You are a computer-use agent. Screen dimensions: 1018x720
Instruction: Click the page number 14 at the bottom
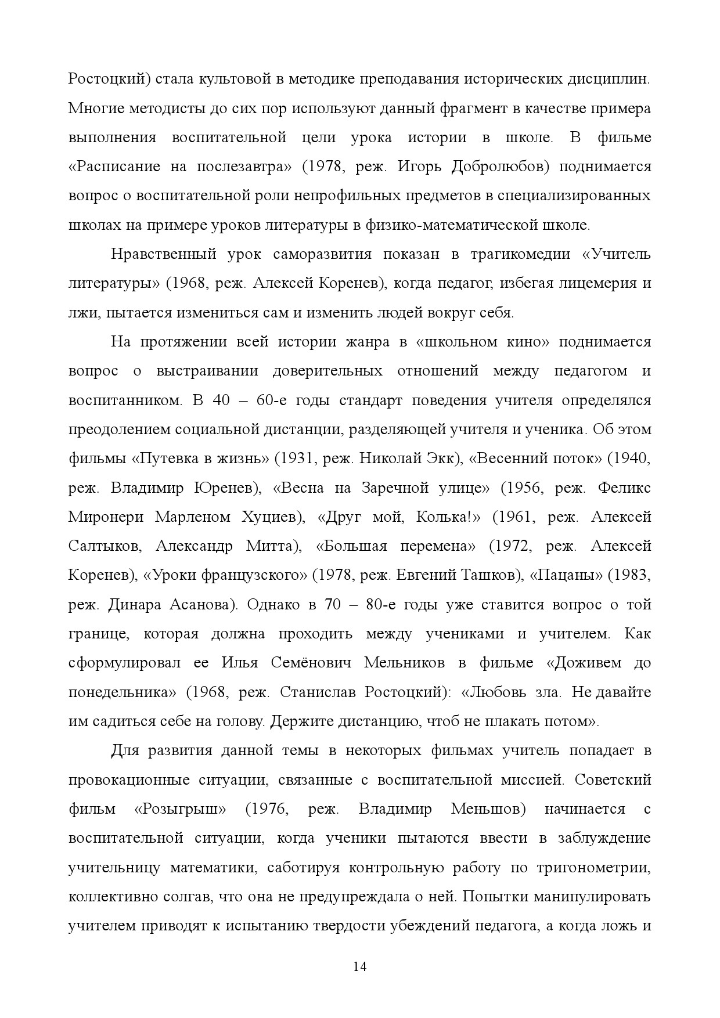pos(360,966)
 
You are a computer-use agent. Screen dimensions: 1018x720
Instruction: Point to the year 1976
pos(267,808)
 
